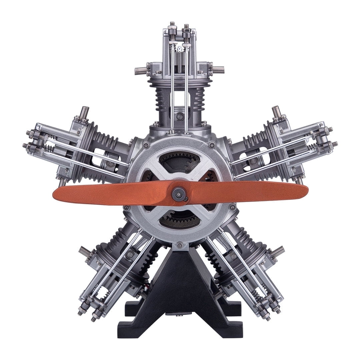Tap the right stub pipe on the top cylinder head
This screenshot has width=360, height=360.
(x=218, y=70)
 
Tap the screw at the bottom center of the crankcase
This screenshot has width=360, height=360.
(x=180, y=245)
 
